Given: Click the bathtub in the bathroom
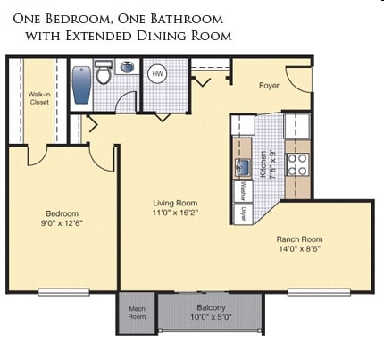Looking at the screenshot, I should tap(81, 84).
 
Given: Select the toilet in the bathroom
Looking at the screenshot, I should tap(104, 73).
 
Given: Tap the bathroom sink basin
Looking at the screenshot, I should tap(128, 68).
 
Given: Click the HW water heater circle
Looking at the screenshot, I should tap(157, 73).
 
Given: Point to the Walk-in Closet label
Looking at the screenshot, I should tap(38, 97).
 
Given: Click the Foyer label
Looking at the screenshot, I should tap(270, 87).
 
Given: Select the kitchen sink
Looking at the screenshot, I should tap(242, 167).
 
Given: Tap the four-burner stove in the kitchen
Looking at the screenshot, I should tap(297, 164).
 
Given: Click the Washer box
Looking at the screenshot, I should tap(243, 190).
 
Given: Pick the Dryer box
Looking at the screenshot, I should tap(243, 213).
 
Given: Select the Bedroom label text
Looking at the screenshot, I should tap(63, 213).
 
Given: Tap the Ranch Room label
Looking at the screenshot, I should tap(298, 239).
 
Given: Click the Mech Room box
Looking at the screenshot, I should tap(137, 313).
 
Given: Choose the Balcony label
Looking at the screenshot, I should tap(211, 307).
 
